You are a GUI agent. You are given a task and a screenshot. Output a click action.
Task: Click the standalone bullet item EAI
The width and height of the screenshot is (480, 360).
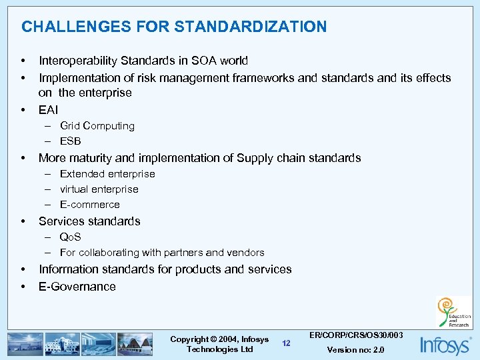point(48,109)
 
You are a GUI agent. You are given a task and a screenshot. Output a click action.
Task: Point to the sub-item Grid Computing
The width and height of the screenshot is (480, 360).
point(97,126)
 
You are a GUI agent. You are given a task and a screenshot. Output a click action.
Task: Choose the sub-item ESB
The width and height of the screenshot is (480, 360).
point(70,141)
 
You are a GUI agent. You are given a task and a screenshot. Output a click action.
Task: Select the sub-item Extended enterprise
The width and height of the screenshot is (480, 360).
point(107,174)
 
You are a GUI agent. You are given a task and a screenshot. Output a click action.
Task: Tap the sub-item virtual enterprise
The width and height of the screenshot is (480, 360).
point(99,189)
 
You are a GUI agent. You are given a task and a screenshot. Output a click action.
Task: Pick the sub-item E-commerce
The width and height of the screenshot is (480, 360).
point(89,205)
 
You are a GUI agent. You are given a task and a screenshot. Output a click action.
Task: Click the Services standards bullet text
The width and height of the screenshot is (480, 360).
point(89,221)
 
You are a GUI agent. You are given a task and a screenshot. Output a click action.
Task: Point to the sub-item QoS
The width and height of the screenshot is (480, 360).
point(70,237)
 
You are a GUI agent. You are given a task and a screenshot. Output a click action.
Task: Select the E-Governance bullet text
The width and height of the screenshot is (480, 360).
point(77,287)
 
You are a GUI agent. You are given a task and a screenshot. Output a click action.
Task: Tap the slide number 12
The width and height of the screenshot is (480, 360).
point(286,343)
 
